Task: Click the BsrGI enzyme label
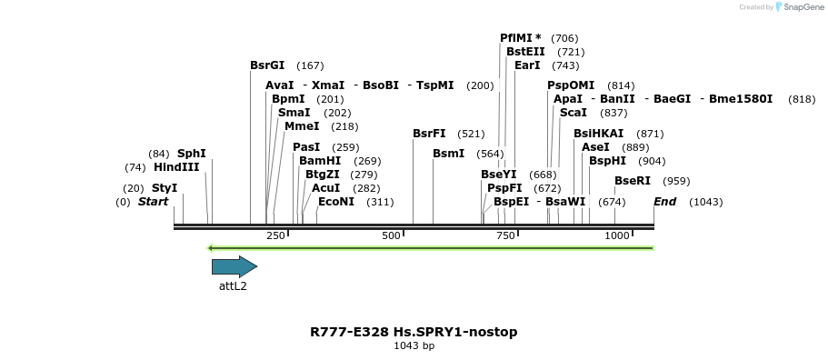[x=267, y=65]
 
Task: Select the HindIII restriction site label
[x=176, y=167]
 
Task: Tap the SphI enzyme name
[x=192, y=154]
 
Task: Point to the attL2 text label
[x=233, y=285]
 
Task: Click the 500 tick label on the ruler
[x=391, y=235]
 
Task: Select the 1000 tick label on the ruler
[x=617, y=235]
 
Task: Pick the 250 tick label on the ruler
[x=275, y=235]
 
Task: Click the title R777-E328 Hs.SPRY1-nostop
[x=414, y=332]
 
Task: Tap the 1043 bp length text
[x=414, y=346]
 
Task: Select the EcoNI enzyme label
[x=336, y=202]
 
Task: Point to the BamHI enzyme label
[x=321, y=161]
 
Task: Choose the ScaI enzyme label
[x=574, y=113]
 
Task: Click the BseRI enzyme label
[x=633, y=181]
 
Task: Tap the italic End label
[x=664, y=202]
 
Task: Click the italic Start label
[x=153, y=202]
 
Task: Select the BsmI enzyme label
[x=449, y=154]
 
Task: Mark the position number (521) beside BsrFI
[x=471, y=134]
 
